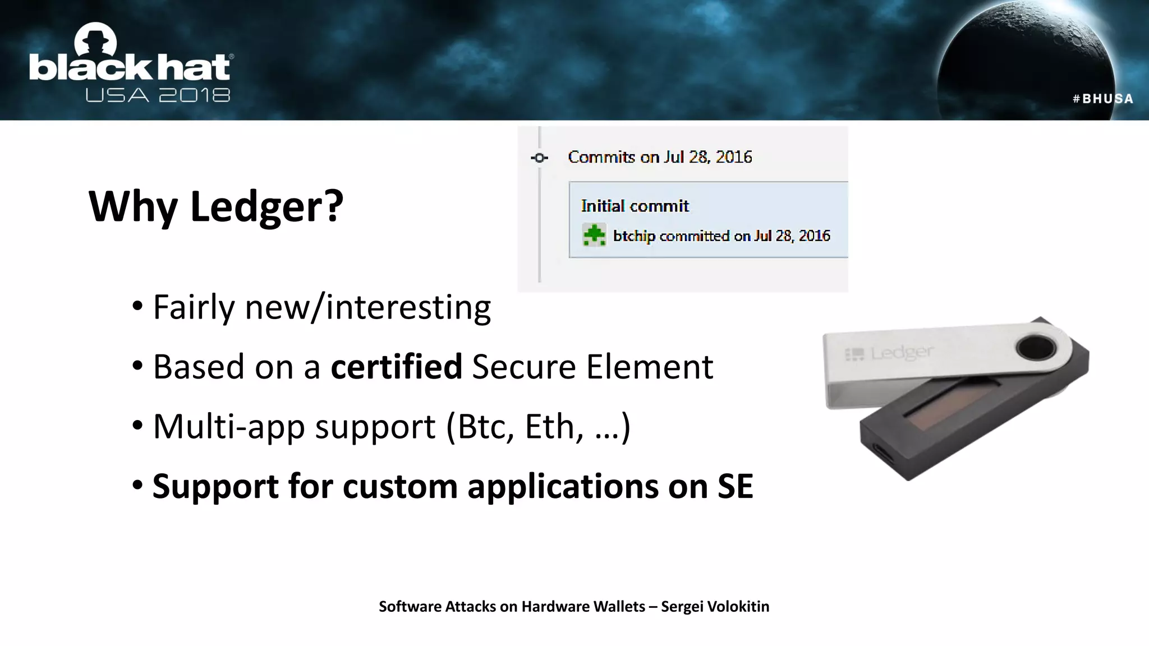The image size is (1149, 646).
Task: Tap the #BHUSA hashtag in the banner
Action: point(1102,99)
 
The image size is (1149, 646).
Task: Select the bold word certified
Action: point(396,367)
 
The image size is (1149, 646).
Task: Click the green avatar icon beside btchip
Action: point(594,235)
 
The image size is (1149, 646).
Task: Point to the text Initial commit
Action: point(635,206)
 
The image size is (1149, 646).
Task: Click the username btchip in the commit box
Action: point(634,236)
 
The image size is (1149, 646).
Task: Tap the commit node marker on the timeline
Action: point(540,158)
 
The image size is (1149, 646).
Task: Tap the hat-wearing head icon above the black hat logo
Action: point(96,41)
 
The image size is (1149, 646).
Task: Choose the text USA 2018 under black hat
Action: point(158,95)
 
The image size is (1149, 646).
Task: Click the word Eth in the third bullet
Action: point(549,427)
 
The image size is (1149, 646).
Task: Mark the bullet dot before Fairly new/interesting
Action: point(137,307)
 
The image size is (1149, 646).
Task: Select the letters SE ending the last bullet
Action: point(734,486)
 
